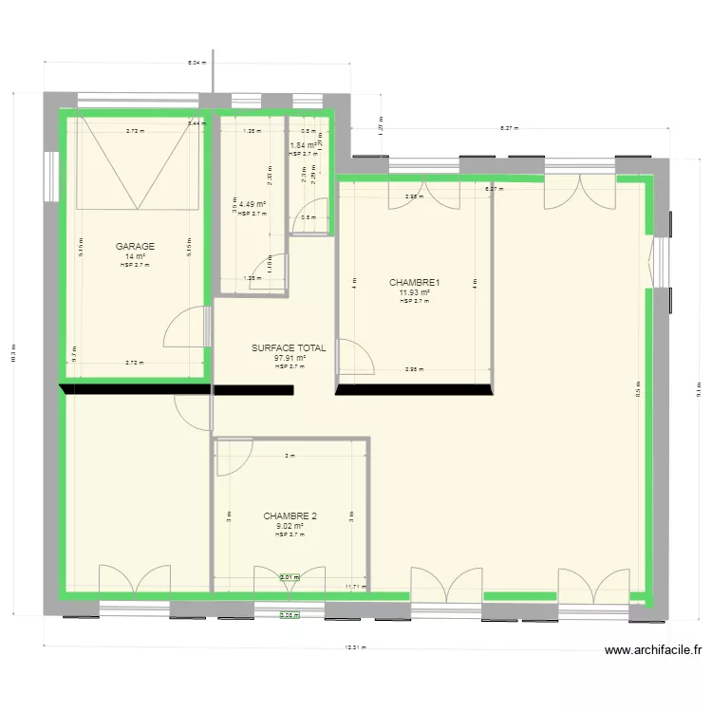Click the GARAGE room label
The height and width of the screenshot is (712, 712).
[135, 246]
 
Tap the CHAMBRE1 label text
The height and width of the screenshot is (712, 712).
[415, 282]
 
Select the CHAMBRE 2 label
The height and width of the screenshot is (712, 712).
[290, 516]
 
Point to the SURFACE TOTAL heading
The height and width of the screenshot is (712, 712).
[289, 348]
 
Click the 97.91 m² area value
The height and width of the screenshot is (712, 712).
[289, 358]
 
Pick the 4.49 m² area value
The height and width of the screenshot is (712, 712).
[252, 204]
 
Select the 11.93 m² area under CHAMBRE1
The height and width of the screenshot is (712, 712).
[415, 292]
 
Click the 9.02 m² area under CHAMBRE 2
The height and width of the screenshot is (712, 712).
[290, 526]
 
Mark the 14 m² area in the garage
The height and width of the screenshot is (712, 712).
[135, 256]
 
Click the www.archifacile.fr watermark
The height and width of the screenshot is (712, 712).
[652, 650]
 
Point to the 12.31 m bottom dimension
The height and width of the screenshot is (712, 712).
[356, 648]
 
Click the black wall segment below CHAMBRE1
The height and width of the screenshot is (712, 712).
[415, 388]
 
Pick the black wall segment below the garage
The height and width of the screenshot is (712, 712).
[135, 388]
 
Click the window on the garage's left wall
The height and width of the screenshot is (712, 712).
[49, 176]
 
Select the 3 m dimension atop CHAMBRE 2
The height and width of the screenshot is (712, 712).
[290, 456]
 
